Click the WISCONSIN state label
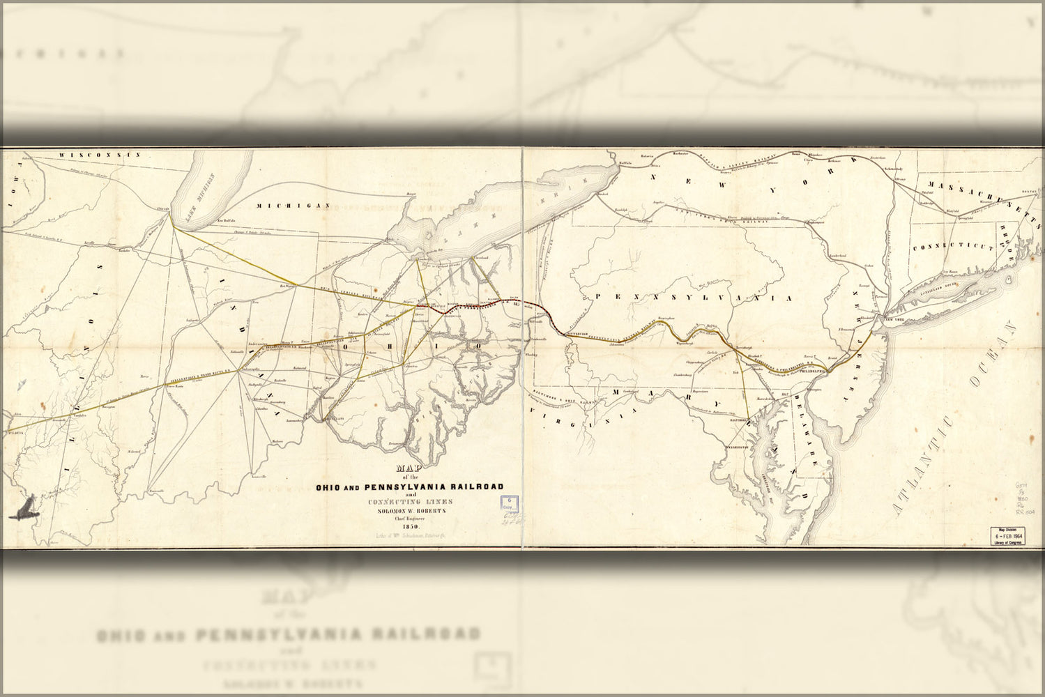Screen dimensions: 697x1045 100,155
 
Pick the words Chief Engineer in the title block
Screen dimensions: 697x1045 410,518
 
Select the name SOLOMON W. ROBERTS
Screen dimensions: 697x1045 409,510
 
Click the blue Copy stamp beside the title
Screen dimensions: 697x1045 509,504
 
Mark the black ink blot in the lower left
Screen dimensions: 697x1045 24,508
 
